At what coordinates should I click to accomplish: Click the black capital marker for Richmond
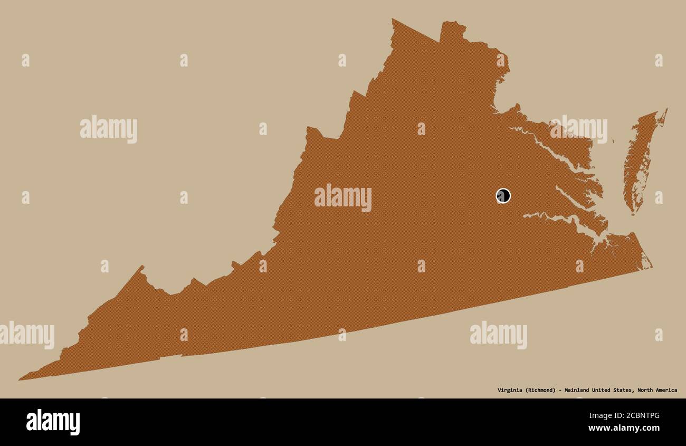coord(503,196)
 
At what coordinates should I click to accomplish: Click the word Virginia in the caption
coord(510,391)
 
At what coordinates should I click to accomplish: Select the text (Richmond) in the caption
coord(540,391)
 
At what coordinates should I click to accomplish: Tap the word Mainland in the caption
coord(577,391)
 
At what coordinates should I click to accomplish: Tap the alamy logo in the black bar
coord(53,422)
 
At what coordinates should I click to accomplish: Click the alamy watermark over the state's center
coord(343,197)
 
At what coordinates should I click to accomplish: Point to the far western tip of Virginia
coord(20,379)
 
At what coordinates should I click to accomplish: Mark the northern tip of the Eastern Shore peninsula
coord(666,110)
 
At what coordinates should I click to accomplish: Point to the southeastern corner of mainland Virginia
coord(651,267)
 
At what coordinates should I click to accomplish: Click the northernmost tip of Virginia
coord(393,20)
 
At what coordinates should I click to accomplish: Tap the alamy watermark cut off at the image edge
coord(26,335)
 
